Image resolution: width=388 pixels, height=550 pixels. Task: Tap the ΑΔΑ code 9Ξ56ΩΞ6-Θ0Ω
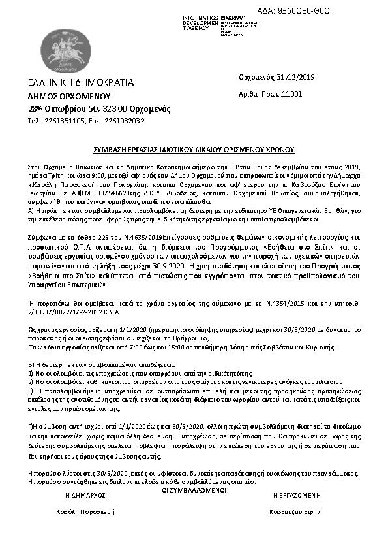tap(323, 11)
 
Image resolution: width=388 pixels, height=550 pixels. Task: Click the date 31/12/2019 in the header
tap(297, 78)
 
